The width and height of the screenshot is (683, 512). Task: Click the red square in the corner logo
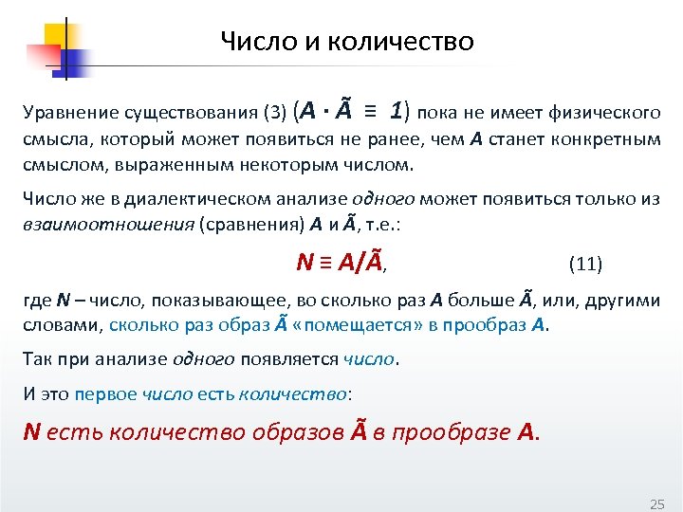[x=40, y=56]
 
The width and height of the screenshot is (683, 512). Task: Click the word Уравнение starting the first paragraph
[x=62, y=114]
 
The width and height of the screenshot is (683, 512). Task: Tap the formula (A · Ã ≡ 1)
[x=353, y=112]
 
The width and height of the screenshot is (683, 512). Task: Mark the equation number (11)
[x=585, y=263]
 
